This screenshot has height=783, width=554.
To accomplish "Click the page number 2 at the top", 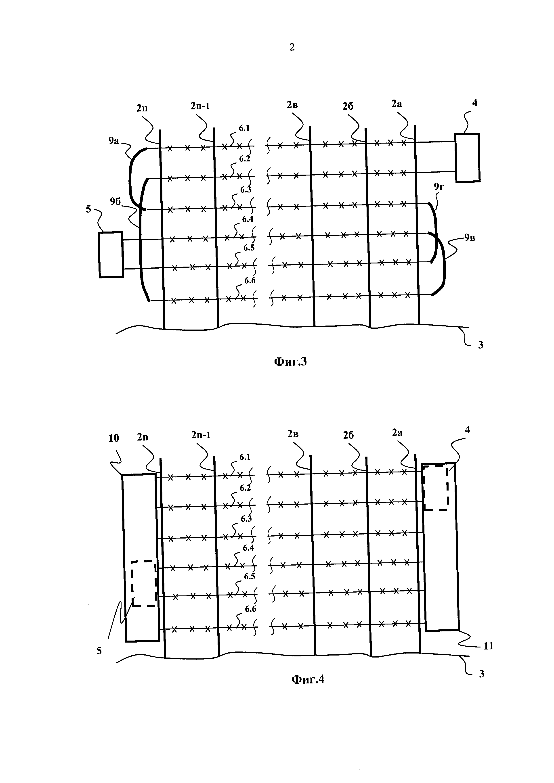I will click(x=292, y=47).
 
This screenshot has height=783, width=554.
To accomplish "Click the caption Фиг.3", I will click(x=290, y=361).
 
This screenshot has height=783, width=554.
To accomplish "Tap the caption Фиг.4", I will click(x=307, y=680).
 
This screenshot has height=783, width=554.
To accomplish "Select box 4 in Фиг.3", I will click(x=467, y=157).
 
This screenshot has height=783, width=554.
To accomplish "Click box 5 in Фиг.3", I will click(x=111, y=255).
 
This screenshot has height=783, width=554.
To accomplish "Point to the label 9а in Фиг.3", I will click(x=114, y=140).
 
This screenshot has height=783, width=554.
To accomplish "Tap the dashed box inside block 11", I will click(x=435, y=488).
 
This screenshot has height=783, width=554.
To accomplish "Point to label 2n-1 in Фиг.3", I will click(x=200, y=106).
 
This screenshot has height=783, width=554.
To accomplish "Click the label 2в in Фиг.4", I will click(x=292, y=434).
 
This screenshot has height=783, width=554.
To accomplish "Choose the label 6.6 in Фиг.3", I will click(x=250, y=281).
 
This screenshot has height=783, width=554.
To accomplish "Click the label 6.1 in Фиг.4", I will click(x=245, y=457).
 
